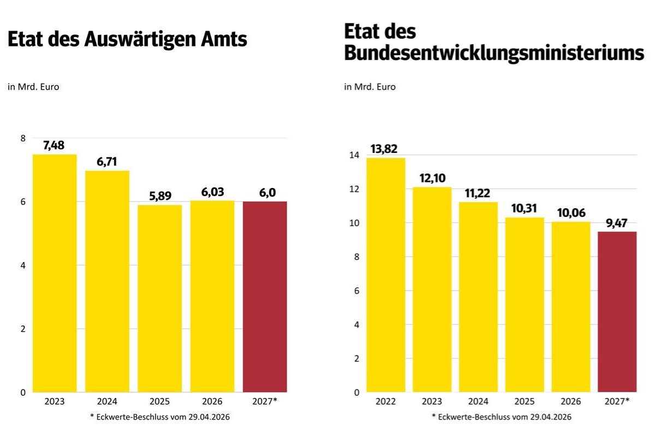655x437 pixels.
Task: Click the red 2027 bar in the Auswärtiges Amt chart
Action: click(x=265, y=297)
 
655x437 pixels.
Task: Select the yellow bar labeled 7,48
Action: click(x=55, y=273)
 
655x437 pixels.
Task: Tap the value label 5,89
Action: click(x=159, y=197)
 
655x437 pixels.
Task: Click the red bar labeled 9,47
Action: click(x=617, y=311)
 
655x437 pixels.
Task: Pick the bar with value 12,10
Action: click(x=432, y=290)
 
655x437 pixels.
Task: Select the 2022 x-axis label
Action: click(x=386, y=401)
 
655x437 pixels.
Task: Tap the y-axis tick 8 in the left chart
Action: click(x=22, y=138)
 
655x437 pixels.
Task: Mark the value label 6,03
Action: click(x=212, y=192)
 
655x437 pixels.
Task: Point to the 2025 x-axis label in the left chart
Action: click(x=159, y=401)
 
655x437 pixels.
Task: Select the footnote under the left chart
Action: click(x=160, y=417)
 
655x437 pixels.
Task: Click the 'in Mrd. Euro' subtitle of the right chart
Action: click(x=370, y=87)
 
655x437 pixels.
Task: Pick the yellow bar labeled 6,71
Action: click(x=107, y=281)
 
